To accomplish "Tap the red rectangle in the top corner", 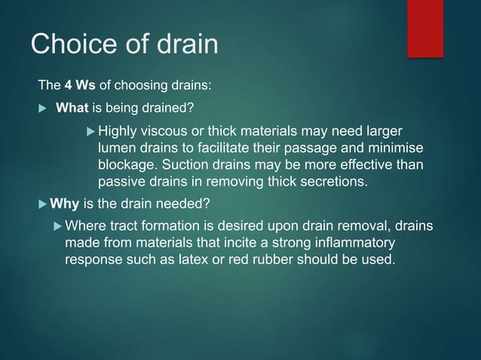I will [x=425, y=28].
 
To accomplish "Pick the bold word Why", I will [x=65, y=204].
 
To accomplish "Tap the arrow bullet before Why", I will [x=42, y=204].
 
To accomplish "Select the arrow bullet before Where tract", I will [x=57, y=227].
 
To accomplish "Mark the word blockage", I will [x=127, y=164].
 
